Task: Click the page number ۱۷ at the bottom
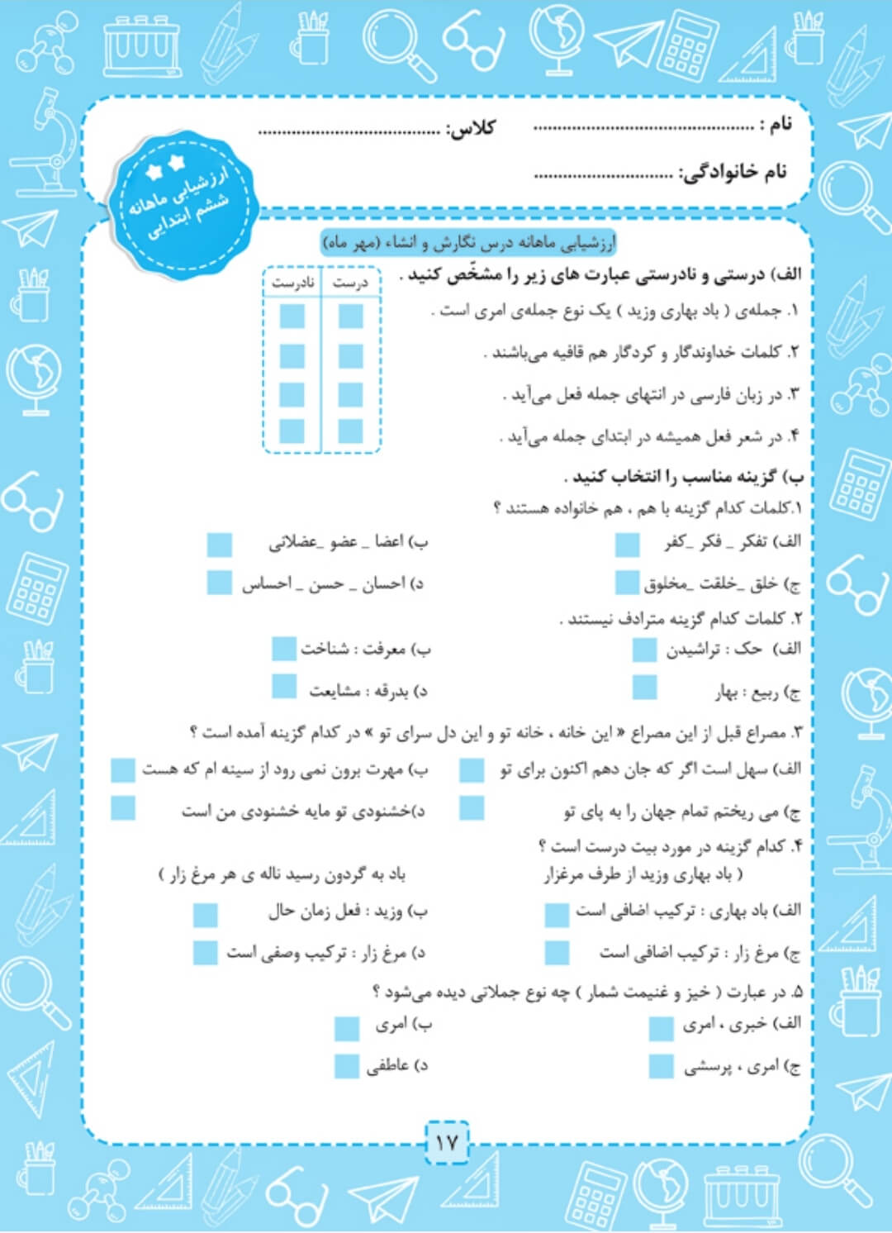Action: [x=446, y=1143]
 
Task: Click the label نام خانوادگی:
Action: [x=733, y=172]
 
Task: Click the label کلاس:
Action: [x=471, y=128]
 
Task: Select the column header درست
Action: [x=350, y=283]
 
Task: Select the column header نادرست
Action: [x=292, y=283]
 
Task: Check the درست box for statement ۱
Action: [x=350, y=317]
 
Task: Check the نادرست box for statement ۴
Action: [x=292, y=431]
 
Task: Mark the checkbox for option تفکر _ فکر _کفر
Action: [x=627, y=544]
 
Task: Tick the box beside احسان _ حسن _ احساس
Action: [x=219, y=583]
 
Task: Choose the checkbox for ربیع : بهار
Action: [x=644, y=688]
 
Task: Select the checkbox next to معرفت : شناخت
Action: [x=283, y=649]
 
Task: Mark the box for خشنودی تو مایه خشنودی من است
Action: [x=123, y=808]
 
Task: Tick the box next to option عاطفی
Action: [x=346, y=1066]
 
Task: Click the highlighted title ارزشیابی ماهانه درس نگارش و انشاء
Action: [x=468, y=244]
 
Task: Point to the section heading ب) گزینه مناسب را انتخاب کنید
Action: [x=684, y=477]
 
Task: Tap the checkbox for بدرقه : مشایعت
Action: [x=283, y=687]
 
